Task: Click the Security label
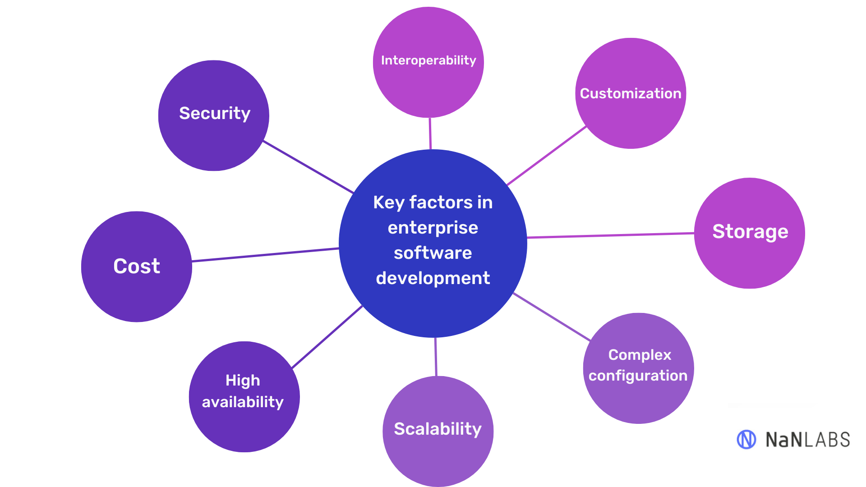(215, 113)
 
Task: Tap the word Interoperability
(428, 60)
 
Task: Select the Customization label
(631, 93)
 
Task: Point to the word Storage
(750, 232)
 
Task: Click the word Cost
(137, 266)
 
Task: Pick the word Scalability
(438, 429)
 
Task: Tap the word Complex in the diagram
(640, 355)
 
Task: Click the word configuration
(638, 376)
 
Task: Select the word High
(243, 381)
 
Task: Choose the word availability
(243, 402)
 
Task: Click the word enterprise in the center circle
(433, 228)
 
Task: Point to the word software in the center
(433, 253)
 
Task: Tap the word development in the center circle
(433, 278)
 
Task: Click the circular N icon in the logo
(746, 439)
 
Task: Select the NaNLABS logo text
(807, 440)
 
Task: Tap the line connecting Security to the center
(309, 167)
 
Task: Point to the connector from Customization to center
(547, 156)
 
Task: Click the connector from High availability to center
(327, 337)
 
